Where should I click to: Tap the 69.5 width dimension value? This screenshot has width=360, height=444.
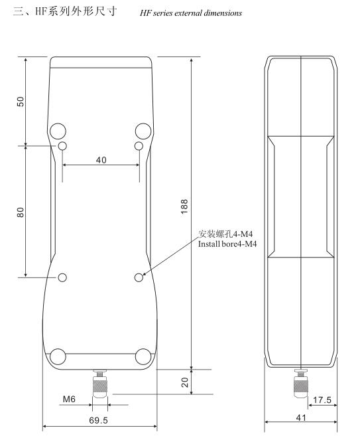tap(100, 421)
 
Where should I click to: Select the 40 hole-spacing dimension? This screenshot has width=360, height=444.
tap(101, 161)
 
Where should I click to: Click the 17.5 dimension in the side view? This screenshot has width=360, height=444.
tap(322, 400)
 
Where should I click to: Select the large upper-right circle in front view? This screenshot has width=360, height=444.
tap(143, 129)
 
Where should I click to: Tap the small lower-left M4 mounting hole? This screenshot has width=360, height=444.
tap(62, 277)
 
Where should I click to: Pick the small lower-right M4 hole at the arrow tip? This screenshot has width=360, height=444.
tap(139, 277)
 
